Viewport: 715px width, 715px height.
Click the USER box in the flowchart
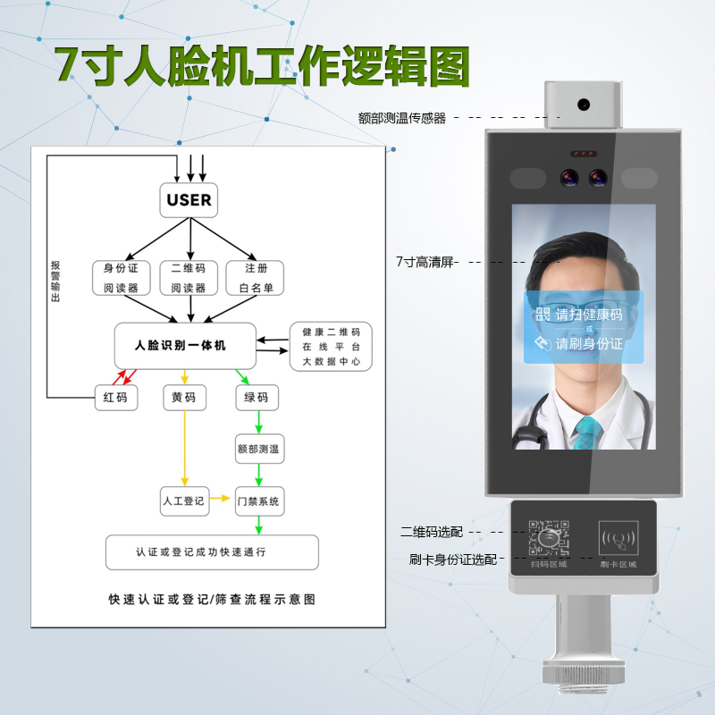(189, 199)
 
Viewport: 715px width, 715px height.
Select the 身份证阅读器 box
(122, 278)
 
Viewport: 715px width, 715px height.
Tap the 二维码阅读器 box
(189, 278)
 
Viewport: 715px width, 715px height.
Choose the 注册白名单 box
(255, 278)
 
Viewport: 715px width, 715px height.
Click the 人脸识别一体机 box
(185, 345)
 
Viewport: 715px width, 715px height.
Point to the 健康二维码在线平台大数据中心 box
(331, 347)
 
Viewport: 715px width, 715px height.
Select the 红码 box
(117, 398)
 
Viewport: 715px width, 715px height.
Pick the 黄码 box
(184, 398)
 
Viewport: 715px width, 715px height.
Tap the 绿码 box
(257, 398)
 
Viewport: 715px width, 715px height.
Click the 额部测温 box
(258, 449)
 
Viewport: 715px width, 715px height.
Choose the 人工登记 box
(183, 500)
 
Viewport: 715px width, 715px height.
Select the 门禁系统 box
(258, 500)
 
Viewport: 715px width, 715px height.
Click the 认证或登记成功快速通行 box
(212, 552)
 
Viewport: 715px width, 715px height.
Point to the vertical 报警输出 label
(55, 282)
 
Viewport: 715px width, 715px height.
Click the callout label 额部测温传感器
(401, 117)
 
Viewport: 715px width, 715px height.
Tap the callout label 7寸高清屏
(425, 262)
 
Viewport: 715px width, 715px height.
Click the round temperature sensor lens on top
(584, 104)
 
